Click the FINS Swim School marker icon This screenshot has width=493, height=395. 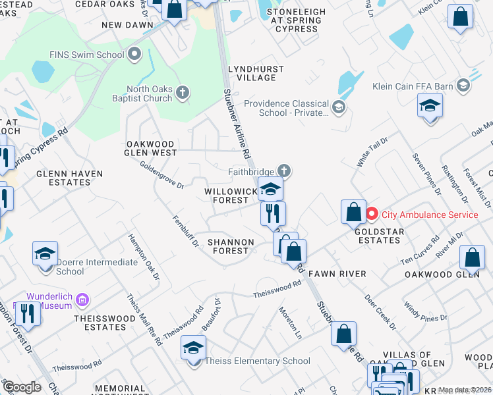coord(135,54)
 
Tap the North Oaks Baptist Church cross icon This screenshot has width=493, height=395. coord(183,93)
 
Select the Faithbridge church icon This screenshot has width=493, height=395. coord(284,171)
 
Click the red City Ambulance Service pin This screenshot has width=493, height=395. coord(372,214)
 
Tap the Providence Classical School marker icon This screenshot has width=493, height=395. coord(339,107)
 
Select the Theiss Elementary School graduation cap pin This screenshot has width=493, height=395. coord(193,349)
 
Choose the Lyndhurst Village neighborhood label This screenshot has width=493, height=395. coord(256,73)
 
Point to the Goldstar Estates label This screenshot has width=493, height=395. coord(377,236)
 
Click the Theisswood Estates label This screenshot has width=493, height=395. coord(100,322)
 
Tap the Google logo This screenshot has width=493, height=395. coord(22,386)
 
